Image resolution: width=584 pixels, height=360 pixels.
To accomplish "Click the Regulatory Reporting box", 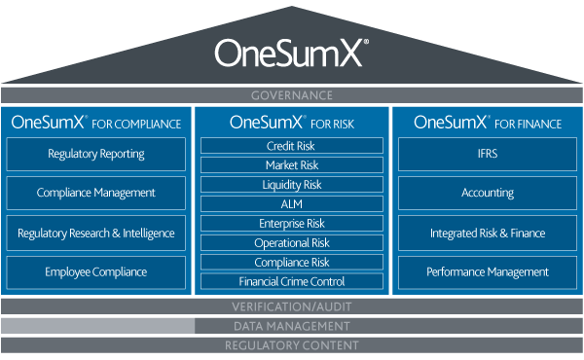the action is coord(95,154).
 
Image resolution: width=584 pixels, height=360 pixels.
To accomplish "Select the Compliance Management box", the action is coord(95,193).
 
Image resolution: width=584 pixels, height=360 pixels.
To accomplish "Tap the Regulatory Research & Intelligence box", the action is coord(95,234).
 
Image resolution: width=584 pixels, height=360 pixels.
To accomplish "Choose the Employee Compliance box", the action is coord(95,272).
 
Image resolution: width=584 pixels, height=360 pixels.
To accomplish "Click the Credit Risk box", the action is coord(292,146).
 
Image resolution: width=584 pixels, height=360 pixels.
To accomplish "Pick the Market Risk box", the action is coord(292,165).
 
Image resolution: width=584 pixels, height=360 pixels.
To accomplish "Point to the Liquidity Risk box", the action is coord(292,184).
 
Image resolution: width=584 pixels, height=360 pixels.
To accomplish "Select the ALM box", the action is coord(292,203).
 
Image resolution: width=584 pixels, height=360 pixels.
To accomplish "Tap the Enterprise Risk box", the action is coord(292,223).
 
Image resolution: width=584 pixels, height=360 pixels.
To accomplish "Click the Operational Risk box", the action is coord(292,242).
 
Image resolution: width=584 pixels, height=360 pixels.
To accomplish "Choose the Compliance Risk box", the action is coord(292,262).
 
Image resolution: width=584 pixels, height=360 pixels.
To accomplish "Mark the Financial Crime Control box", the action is coord(292,281).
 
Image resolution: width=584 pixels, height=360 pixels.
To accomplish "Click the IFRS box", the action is coord(488,154).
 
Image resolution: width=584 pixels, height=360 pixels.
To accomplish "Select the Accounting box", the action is coord(488,193).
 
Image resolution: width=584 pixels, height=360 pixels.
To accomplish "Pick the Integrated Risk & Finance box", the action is coord(488,234).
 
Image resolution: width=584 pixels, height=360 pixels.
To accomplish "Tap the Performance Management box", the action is coord(488,272).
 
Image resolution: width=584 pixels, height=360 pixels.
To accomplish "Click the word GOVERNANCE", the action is coord(292,95).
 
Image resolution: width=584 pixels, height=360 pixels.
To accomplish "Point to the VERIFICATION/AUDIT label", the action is coord(292,306).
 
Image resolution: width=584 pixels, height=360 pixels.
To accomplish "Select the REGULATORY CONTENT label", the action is coord(292,345).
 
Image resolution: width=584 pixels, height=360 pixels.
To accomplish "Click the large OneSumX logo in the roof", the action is coord(291,54).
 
